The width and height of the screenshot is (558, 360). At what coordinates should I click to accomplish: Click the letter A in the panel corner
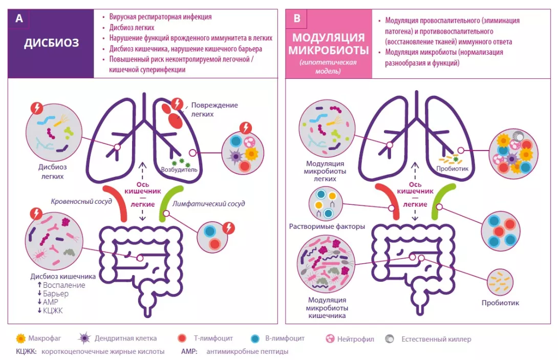click(19, 19)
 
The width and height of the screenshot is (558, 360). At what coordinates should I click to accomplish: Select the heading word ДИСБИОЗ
click(51, 43)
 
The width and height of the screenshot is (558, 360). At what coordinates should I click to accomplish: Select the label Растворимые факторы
click(327, 226)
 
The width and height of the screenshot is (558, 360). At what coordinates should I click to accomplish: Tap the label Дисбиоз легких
click(53, 171)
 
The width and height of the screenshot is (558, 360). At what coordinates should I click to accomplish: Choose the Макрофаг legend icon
click(21, 338)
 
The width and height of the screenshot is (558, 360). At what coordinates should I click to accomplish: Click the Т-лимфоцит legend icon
click(182, 338)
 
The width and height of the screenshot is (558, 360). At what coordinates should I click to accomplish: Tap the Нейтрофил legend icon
click(330, 338)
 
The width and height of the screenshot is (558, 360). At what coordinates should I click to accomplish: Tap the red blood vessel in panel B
click(386, 200)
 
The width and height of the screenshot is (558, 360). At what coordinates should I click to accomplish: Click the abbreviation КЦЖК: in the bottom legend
click(26, 352)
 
